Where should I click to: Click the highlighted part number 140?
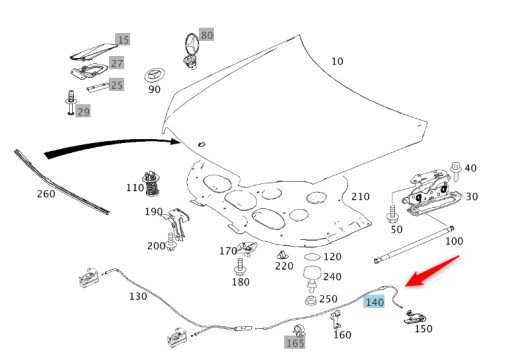pyautogui.click(x=375, y=301)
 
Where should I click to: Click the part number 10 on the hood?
pyautogui.click(x=337, y=61)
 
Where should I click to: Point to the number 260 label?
pyautogui.click(x=45, y=193)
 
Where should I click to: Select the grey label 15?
pyautogui.click(x=123, y=40)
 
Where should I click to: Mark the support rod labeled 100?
pyautogui.click(x=410, y=247)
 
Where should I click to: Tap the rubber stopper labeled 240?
pyautogui.click(x=311, y=273)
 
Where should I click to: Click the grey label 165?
pyautogui.click(x=295, y=342)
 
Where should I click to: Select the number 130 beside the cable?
pyautogui.click(x=137, y=297)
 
